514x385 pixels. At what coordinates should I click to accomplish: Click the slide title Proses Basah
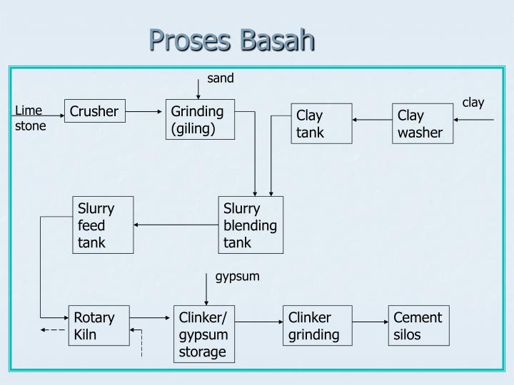click(x=231, y=40)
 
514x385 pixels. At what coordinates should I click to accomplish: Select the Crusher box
click(x=94, y=111)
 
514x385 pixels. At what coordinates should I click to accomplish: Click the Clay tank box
click(x=321, y=123)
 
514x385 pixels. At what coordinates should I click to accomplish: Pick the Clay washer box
click(x=423, y=123)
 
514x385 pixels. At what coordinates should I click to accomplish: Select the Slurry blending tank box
click(x=251, y=225)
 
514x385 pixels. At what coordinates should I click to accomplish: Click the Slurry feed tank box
click(x=103, y=225)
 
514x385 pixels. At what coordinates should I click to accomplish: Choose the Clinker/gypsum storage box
click(x=204, y=334)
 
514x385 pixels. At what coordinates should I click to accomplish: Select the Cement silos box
click(x=418, y=326)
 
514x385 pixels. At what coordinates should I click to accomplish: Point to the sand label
click(x=221, y=78)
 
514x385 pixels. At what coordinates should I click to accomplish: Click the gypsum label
click(x=238, y=276)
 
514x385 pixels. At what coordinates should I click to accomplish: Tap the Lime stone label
click(x=31, y=118)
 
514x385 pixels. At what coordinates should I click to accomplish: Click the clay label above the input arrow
click(x=473, y=103)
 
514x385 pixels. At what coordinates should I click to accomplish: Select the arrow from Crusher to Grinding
click(x=146, y=111)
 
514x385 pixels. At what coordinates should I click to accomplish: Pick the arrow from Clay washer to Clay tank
click(x=372, y=120)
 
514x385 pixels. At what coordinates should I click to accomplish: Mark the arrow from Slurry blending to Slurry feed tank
click(x=176, y=225)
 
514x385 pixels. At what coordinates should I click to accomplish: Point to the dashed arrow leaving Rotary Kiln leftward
click(x=53, y=330)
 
